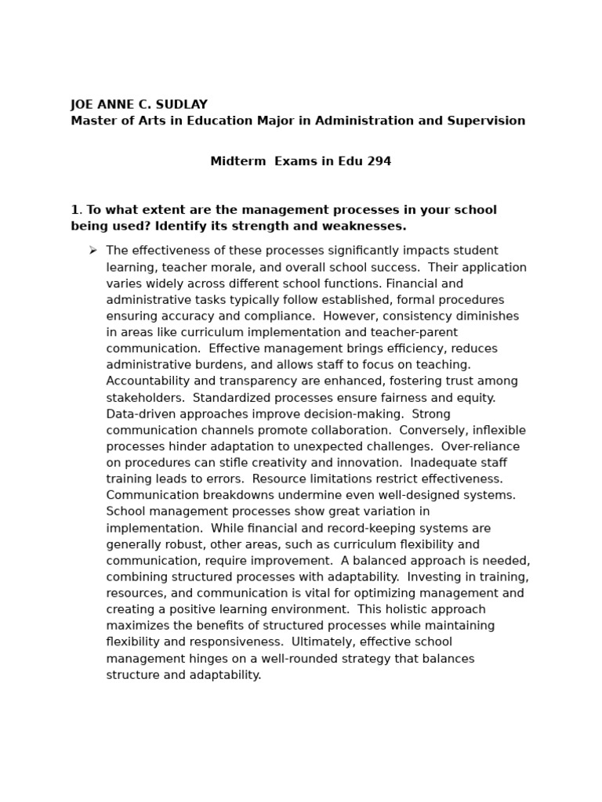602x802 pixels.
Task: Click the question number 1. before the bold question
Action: coord(76,210)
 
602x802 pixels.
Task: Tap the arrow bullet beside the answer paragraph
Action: coord(92,251)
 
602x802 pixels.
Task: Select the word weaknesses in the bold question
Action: coord(372,226)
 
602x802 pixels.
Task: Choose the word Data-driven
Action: coord(144,414)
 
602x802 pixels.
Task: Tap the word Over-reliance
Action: coord(481,446)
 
